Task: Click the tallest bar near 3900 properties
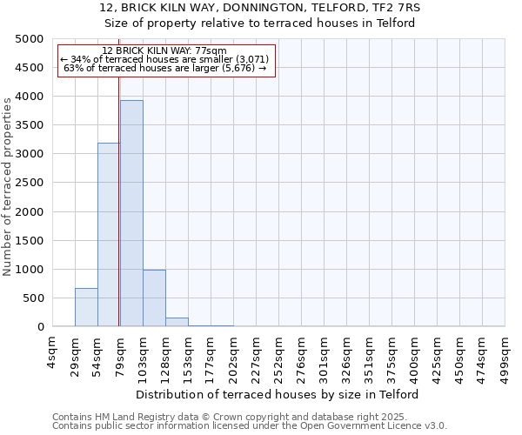pyautogui.click(x=131, y=213)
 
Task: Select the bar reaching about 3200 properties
pyautogui.click(x=109, y=235)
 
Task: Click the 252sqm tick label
pyautogui.click(x=278, y=355)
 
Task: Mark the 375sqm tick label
pyautogui.click(x=391, y=355)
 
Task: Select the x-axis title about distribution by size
pyautogui.click(x=278, y=394)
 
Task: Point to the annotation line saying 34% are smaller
pyautogui.click(x=164, y=59)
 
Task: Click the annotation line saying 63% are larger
pyautogui.click(x=164, y=68)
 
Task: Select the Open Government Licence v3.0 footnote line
pyautogui.click(x=249, y=426)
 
